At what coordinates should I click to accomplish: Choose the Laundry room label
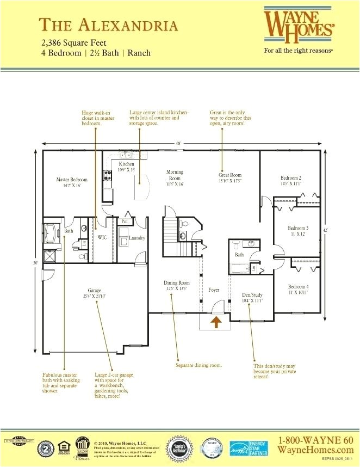tap(136, 238)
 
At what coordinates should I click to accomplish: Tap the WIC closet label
tap(102, 237)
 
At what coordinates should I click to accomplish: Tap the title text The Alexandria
tap(109, 25)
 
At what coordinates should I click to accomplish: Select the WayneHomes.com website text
tap(315, 450)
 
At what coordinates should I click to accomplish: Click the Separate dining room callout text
tap(198, 365)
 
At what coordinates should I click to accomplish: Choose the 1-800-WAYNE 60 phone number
tap(315, 439)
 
